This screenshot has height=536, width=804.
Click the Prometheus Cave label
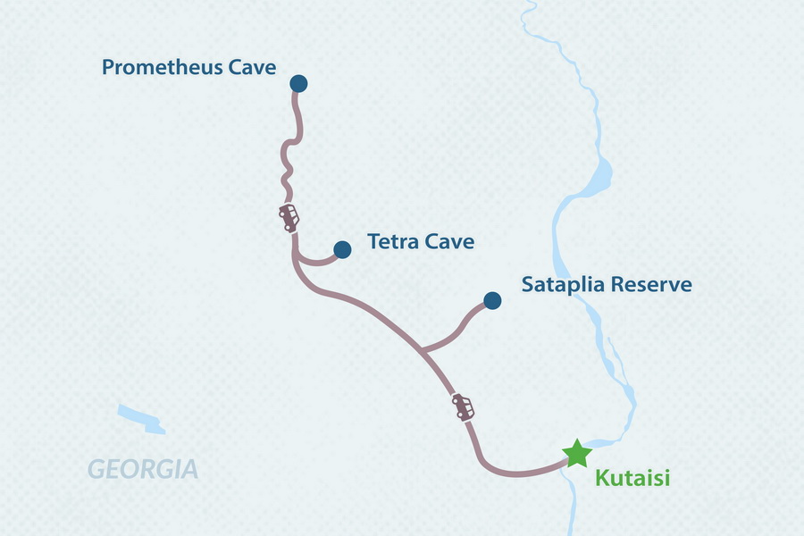pos(189,67)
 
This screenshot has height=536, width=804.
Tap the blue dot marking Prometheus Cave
pos(298,83)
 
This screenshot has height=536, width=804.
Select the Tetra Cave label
pos(420,242)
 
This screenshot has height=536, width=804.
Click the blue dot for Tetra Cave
pos(341,249)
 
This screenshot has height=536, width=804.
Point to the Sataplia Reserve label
pos(607,285)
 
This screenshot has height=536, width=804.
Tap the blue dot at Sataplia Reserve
pos(491,300)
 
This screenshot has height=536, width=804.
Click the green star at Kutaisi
pos(576,454)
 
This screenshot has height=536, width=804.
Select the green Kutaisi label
pos(632,480)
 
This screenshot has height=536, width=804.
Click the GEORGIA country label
pos(143,468)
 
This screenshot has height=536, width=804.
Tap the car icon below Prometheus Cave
pos(289,217)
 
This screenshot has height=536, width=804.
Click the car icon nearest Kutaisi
pos(463,406)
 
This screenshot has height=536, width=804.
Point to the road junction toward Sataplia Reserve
pos(422,351)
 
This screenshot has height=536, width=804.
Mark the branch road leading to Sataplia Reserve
pos(459,328)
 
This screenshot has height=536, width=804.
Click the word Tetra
pos(391,242)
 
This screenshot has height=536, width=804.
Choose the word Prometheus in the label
pos(163,67)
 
